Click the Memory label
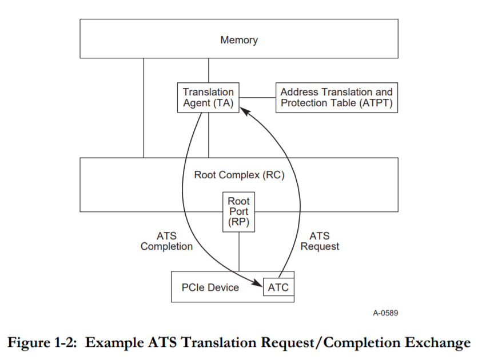(239, 40)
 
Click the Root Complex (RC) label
(239, 175)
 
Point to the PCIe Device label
(210, 287)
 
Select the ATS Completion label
(166, 241)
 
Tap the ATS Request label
(320, 241)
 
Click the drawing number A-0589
(385, 313)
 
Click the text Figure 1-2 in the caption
(42, 342)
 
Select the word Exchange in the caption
(437, 343)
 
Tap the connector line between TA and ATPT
(258, 98)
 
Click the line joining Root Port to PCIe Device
(238, 251)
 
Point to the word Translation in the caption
(219, 342)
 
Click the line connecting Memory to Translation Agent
(209, 70)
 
